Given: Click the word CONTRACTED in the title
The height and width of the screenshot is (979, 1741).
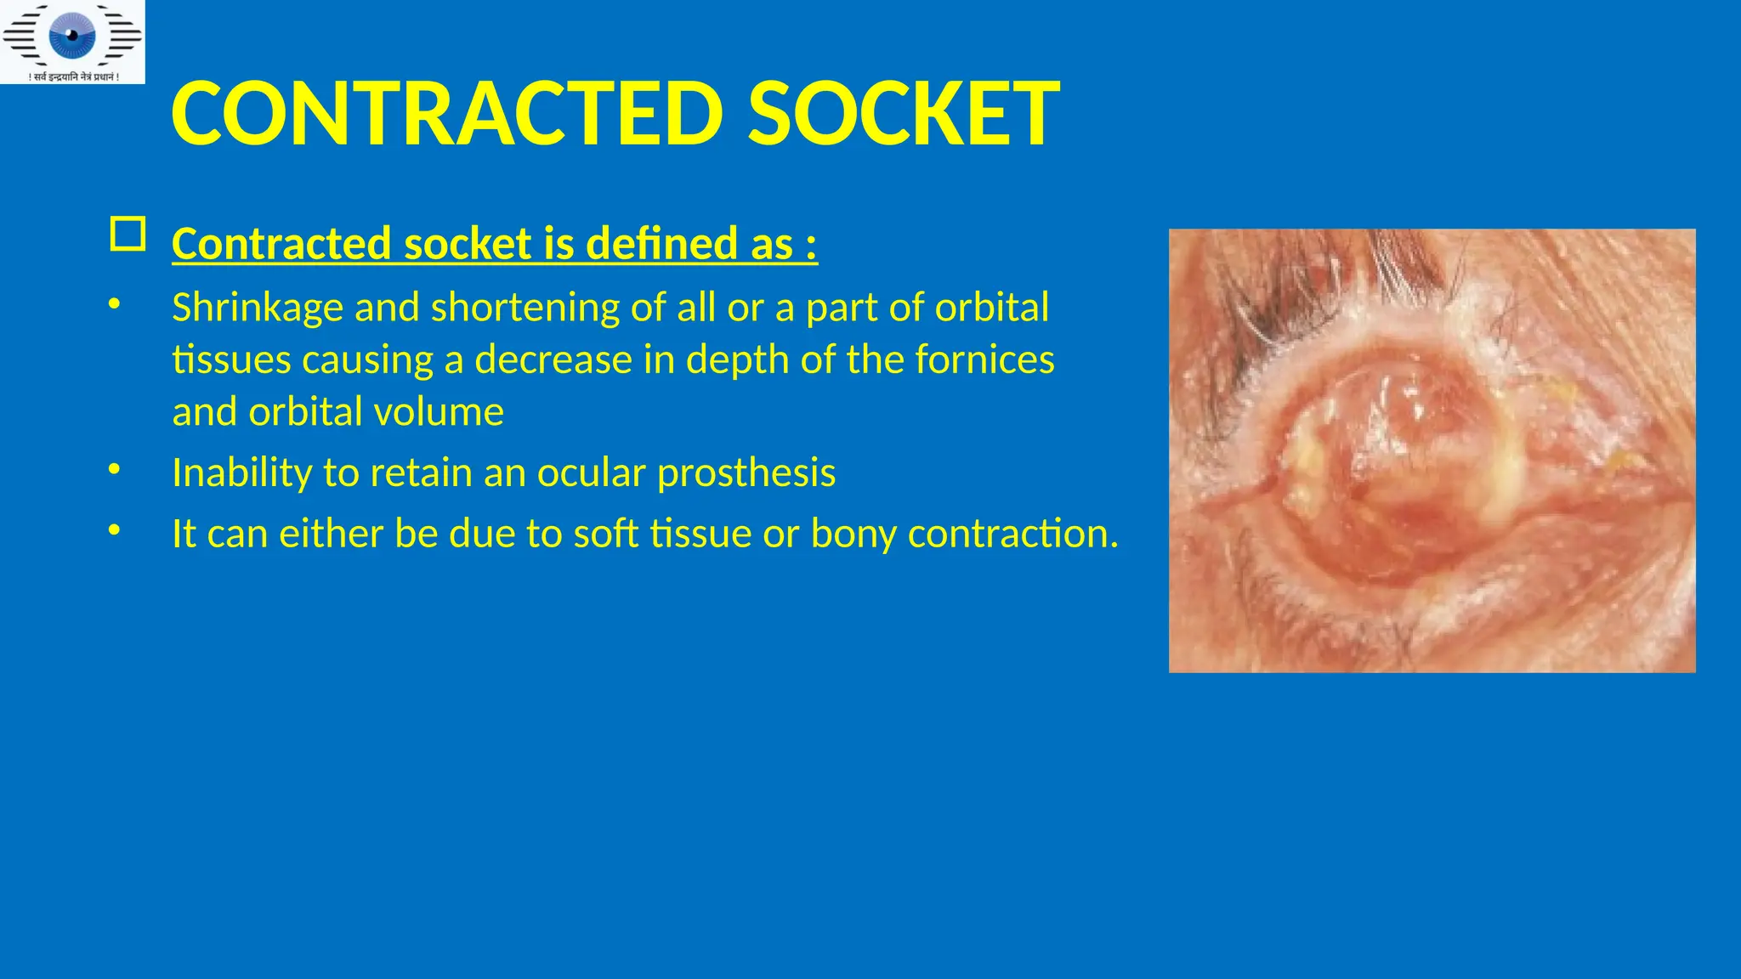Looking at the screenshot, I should (x=447, y=113).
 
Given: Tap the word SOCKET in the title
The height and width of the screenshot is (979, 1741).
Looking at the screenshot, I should (x=903, y=113).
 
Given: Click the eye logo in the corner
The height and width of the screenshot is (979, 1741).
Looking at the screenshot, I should (x=72, y=35).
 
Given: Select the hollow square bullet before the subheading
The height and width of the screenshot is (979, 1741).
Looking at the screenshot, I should (x=128, y=234).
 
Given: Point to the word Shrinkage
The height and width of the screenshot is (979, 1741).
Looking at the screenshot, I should (x=258, y=308).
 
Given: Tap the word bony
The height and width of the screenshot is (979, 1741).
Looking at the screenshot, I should (x=853, y=534).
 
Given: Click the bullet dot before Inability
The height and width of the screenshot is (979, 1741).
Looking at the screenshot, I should (x=115, y=469).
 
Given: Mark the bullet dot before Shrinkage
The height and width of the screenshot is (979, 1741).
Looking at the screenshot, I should (x=115, y=303).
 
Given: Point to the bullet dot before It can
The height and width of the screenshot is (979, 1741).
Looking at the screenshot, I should (x=115, y=530).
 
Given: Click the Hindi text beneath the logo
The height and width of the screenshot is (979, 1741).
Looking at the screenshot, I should (x=74, y=77).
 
